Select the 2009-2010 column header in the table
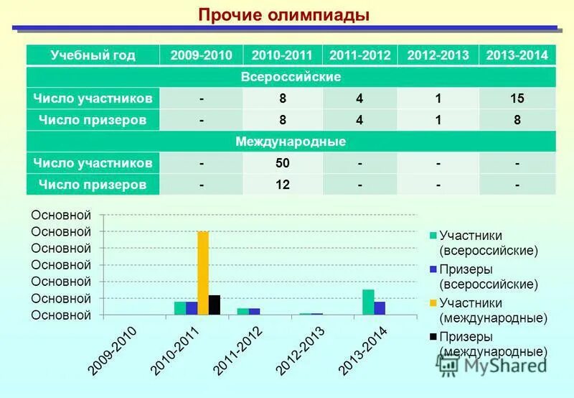203,55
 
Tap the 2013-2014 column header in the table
517,55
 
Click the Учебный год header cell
93,55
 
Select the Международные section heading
291,142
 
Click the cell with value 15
517,98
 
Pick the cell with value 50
282,164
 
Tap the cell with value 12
282,185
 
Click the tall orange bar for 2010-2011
203,273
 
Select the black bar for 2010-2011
215,305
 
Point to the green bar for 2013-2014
368,302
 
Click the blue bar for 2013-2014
380,308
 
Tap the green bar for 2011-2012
243,311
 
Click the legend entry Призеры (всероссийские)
488,277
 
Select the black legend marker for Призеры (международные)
433,336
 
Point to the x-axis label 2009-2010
113,351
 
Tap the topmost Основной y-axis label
62,215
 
